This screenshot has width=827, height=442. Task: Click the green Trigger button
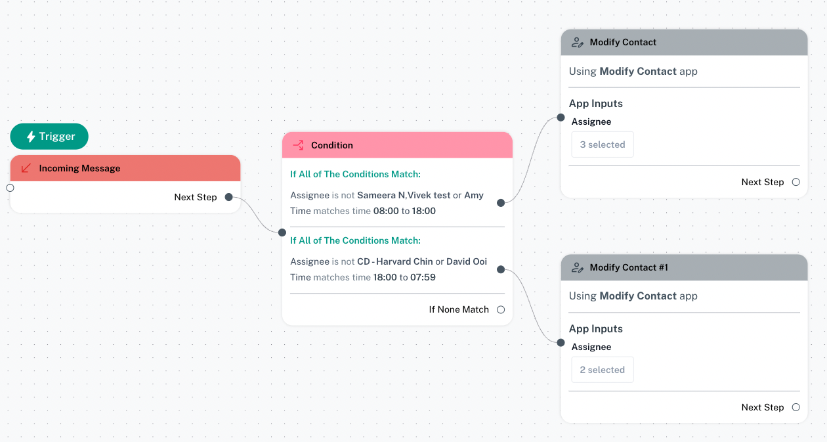click(x=49, y=137)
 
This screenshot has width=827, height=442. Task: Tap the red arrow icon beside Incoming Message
click(x=26, y=168)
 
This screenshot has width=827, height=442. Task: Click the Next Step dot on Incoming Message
click(x=229, y=197)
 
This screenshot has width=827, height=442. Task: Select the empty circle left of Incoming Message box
click(x=11, y=188)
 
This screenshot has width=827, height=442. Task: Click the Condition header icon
click(x=298, y=145)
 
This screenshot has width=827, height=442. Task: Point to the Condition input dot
click(x=282, y=232)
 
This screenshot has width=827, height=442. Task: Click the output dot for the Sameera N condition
click(x=501, y=203)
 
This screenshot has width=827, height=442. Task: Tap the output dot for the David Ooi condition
click(x=501, y=269)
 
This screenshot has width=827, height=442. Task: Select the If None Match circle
click(x=501, y=310)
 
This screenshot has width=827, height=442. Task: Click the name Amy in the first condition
click(x=474, y=195)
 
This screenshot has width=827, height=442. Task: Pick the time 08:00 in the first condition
click(x=386, y=211)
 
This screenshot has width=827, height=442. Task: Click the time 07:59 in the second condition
click(x=423, y=277)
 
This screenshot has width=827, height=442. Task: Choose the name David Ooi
click(x=467, y=261)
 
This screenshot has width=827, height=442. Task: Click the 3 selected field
click(x=603, y=144)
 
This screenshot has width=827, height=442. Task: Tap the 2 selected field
click(x=603, y=370)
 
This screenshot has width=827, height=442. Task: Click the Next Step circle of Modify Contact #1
click(x=796, y=407)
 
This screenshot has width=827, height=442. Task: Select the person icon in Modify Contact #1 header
click(x=578, y=267)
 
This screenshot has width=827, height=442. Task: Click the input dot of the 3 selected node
click(x=561, y=118)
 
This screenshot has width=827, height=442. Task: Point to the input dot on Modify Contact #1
click(x=561, y=343)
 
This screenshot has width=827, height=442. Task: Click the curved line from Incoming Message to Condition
click(x=255, y=214)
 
